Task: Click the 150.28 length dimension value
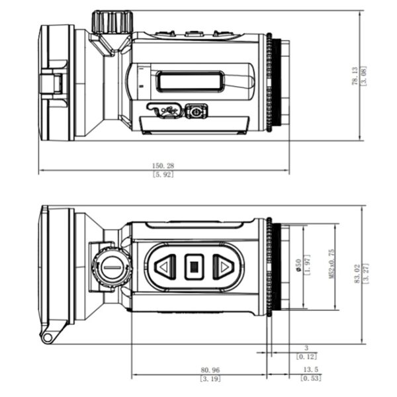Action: pos(163,165)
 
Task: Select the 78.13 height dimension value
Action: pos(355,76)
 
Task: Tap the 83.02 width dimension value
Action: pos(357,274)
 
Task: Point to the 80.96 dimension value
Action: pos(210,370)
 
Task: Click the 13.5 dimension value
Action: pos(311,369)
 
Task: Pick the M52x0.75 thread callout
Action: pos(331,264)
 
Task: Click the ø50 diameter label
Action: pos(299,265)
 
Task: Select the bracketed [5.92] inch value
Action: pos(163,175)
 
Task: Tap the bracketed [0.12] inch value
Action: pos(306,357)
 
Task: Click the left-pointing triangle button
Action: pos(165,267)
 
